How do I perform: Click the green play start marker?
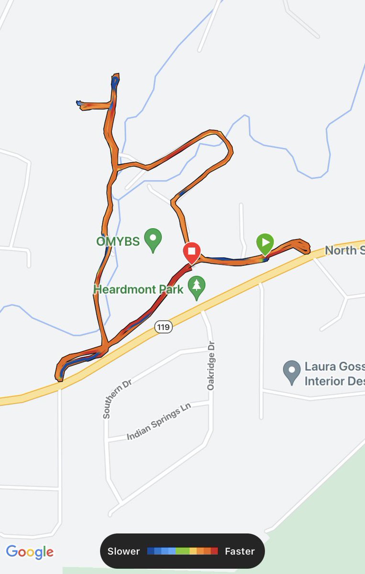coord(265,242)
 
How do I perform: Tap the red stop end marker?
coord(191,252)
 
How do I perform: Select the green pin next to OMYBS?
coord(153,240)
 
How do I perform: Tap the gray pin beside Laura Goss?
coord(291,372)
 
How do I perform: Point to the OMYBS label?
coord(118,241)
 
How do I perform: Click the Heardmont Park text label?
coord(138,289)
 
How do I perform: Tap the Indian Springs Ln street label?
coord(158,422)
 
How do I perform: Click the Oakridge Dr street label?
coord(211,365)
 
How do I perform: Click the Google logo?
coord(30,552)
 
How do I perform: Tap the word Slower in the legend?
coord(123,551)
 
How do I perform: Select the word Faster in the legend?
coord(240,551)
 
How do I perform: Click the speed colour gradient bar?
coord(182,551)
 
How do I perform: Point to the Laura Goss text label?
coord(334,374)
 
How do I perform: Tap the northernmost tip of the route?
coord(116,75)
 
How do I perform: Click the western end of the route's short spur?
coord(78,102)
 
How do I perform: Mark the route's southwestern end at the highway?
coord(60,379)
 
